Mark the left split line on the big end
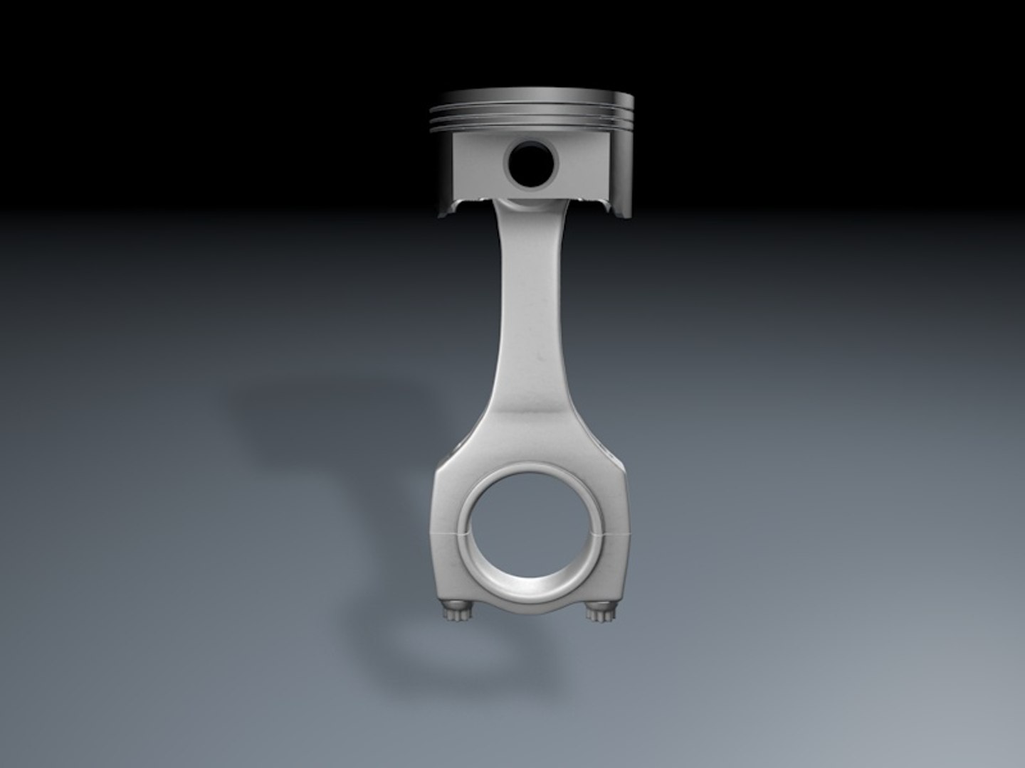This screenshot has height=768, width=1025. [x=446, y=533]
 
